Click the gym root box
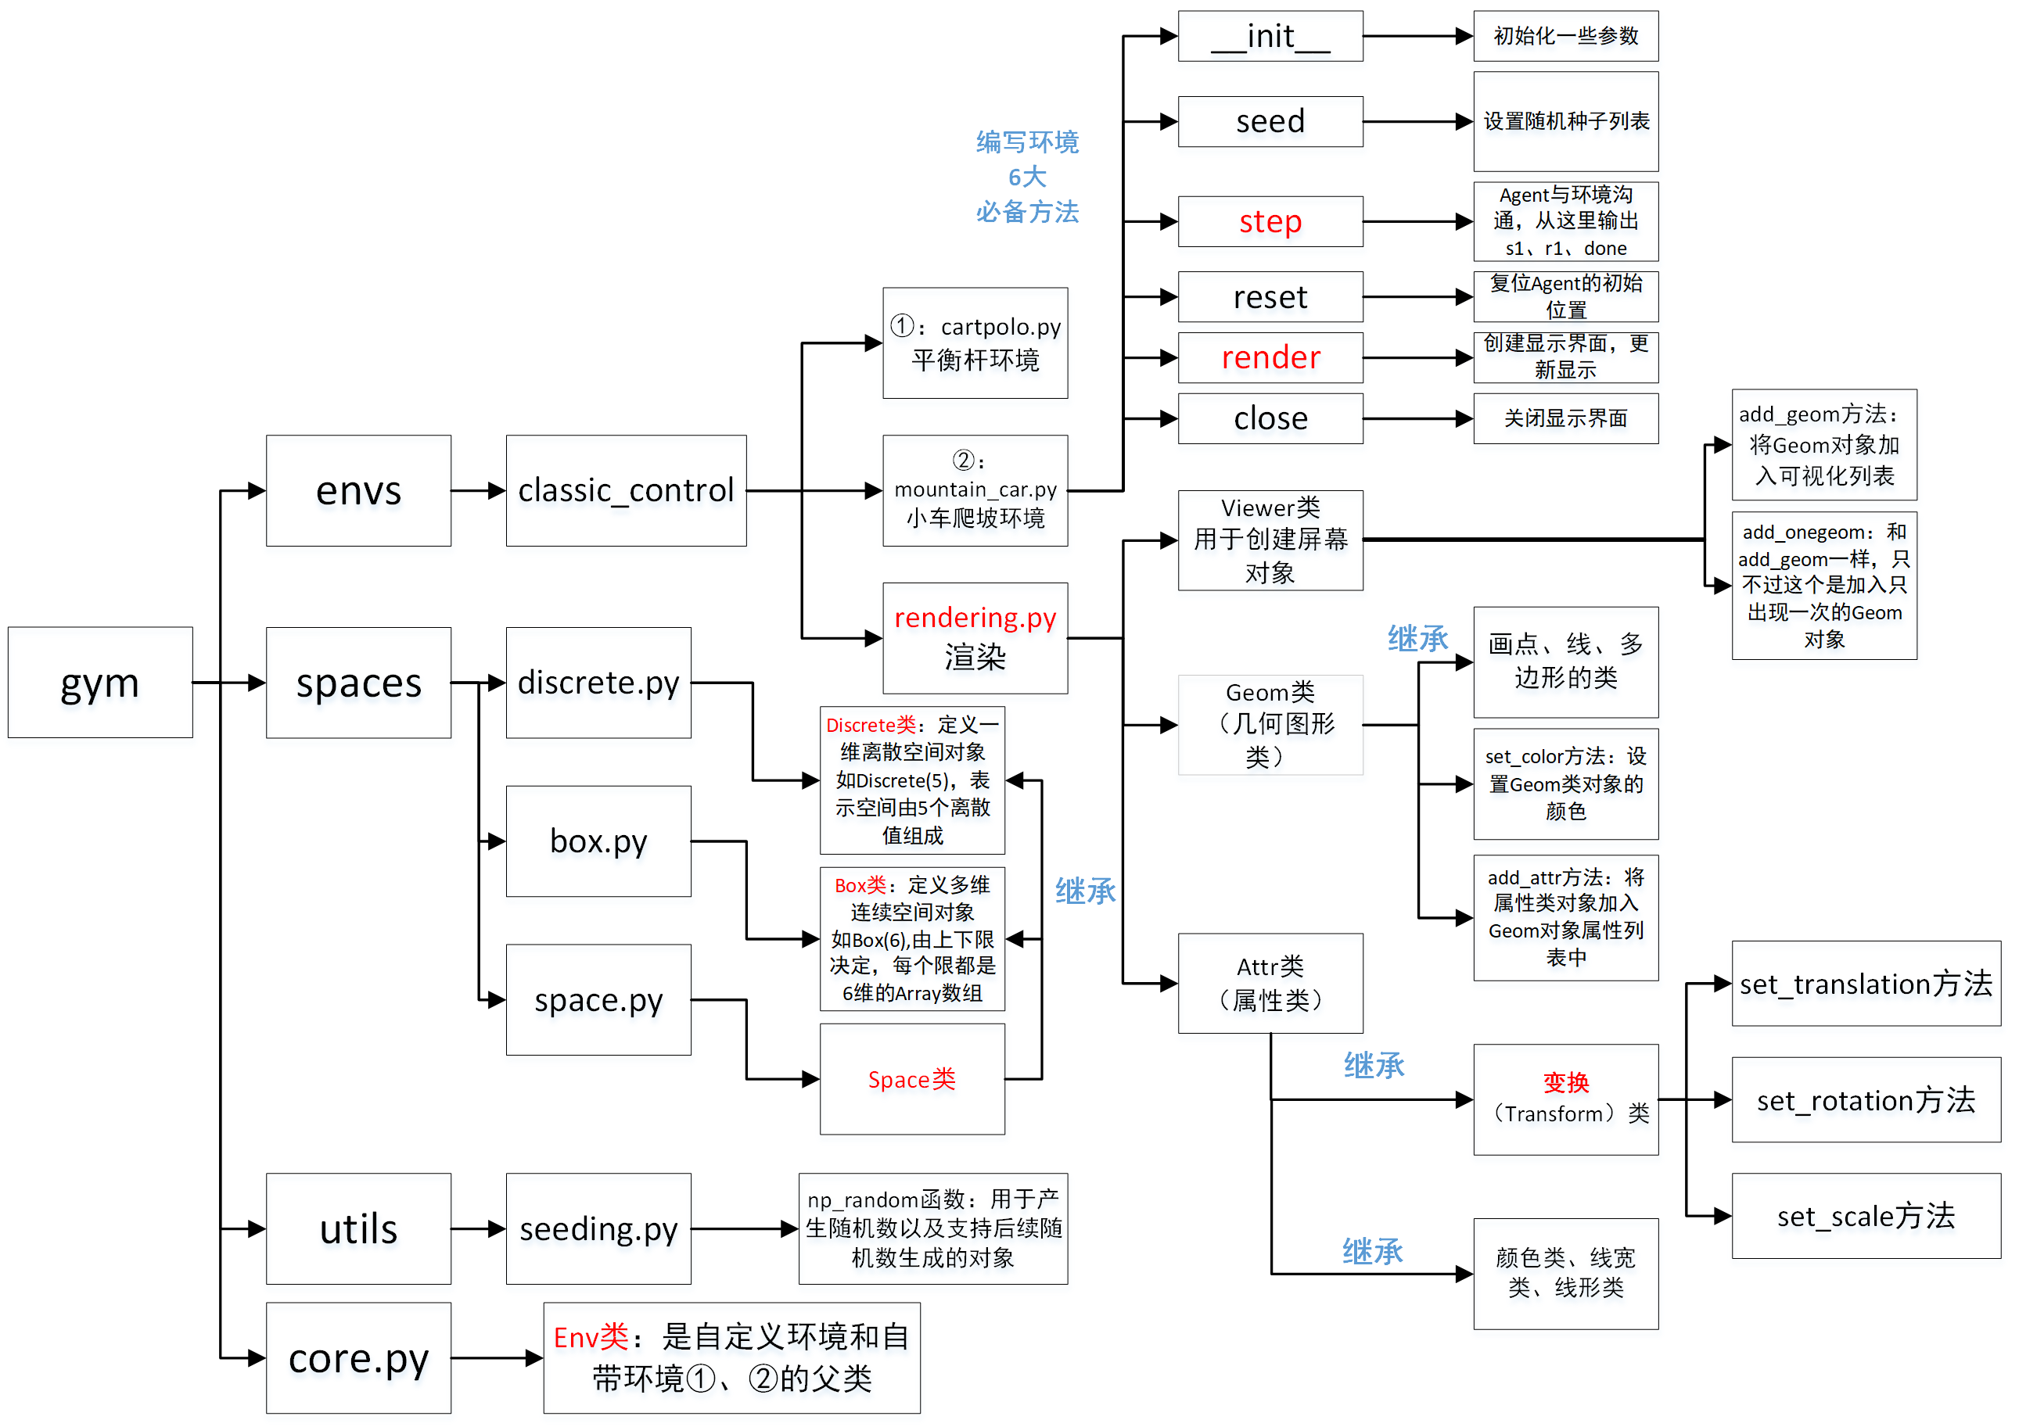click(x=99, y=683)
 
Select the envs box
click(x=358, y=490)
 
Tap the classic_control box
click(x=625, y=490)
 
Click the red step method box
click(x=1270, y=221)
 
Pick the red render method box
click(x=1270, y=357)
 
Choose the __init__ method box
click(x=1270, y=36)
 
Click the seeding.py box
click(x=598, y=1228)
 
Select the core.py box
click(x=358, y=1357)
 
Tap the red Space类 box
click(x=912, y=1079)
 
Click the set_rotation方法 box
click(x=1865, y=1100)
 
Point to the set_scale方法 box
click(x=1865, y=1216)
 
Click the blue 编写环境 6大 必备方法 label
click(x=1027, y=177)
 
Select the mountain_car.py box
click(x=975, y=490)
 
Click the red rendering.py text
click(x=975, y=618)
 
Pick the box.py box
click(x=598, y=841)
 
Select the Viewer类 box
click(x=1270, y=540)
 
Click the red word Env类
click(x=591, y=1337)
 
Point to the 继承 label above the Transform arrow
click(x=1374, y=1066)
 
